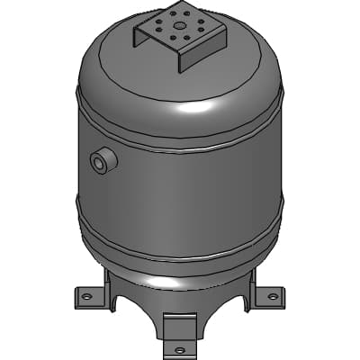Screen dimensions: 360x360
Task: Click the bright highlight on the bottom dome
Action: pos(171,281)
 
